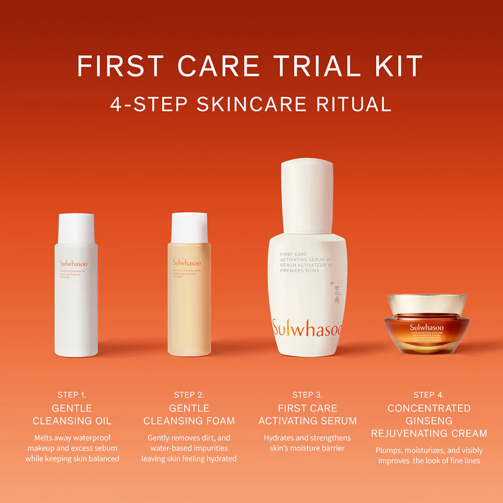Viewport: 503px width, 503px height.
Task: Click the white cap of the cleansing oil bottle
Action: [76, 228]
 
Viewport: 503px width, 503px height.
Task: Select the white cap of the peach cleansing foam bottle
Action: [189, 227]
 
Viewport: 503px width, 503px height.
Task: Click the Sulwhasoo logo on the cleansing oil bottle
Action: [73, 263]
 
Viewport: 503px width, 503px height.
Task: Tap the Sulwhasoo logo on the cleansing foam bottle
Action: [187, 263]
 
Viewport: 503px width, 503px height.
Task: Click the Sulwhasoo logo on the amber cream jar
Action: [427, 327]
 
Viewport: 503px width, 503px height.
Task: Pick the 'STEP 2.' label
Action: [189, 395]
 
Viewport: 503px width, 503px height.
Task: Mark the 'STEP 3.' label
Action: [307, 395]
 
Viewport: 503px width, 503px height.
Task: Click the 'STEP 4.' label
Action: [429, 395]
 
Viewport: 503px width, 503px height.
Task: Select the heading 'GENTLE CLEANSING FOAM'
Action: [189, 414]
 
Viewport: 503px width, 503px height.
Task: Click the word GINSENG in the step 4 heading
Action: [429, 421]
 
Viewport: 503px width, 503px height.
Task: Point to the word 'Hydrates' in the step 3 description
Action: [279, 438]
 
